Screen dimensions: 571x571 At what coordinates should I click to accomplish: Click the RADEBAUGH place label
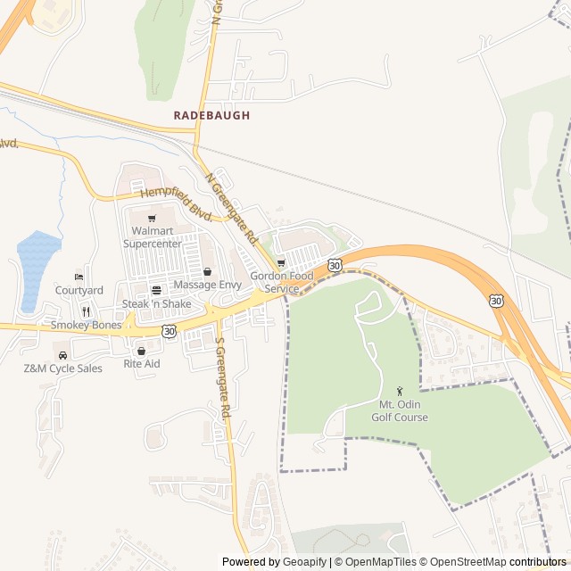click(x=211, y=116)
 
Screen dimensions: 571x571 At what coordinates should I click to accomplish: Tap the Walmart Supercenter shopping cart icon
click(x=152, y=218)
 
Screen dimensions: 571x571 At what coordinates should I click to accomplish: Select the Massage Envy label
click(x=207, y=285)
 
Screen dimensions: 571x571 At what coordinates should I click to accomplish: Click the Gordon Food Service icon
click(x=281, y=262)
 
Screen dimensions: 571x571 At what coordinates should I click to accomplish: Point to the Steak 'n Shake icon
click(x=156, y=290)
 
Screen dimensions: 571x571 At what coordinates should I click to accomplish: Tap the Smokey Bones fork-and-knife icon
click(x=87, y=311)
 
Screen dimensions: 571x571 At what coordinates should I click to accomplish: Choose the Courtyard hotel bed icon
click(x=79, y=277)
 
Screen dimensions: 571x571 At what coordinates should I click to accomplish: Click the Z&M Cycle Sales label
click(x=62, y=368)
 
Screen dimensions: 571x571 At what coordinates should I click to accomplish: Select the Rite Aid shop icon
click(x=141, y=351)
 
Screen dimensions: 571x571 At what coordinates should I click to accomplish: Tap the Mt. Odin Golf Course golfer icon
click(x=400, y=391)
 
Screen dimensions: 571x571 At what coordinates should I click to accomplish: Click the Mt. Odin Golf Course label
click(x=400, y=411)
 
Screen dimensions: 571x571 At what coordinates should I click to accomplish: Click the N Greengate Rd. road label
click(x=231, y=209)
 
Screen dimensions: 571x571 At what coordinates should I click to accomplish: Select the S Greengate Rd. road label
click(x=224, y=378)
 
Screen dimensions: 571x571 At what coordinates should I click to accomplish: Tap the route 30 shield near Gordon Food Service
click(x=334, y=265)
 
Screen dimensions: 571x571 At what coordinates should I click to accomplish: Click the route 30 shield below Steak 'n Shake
click(x=169, y=330)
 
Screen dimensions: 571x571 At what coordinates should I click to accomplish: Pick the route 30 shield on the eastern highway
click(x=496, y=302)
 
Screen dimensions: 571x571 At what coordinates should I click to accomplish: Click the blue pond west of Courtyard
click(x=37, y=268)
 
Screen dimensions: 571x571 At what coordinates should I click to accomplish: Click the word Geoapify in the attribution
click(x=305, y=562)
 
